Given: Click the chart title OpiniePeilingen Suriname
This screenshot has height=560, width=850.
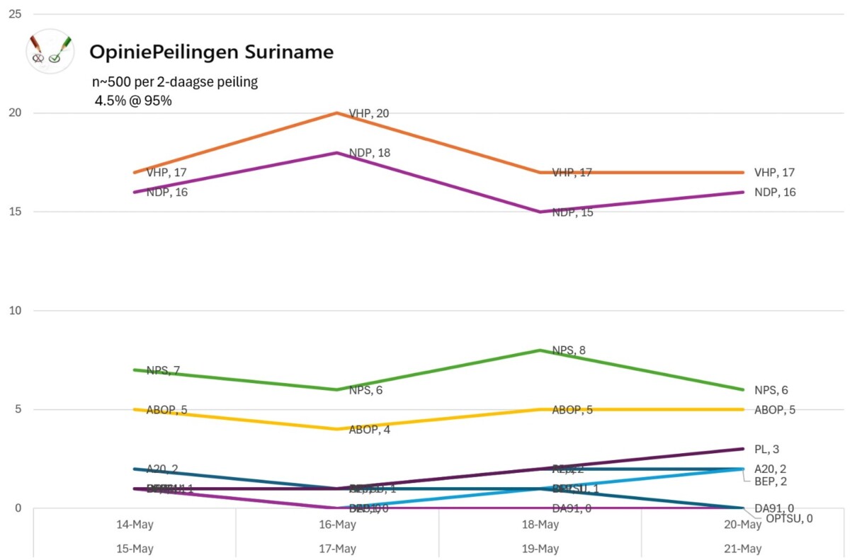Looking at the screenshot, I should click(211, 52).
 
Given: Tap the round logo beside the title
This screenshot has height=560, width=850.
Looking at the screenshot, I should click(50, 51).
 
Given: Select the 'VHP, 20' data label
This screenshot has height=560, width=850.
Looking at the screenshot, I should click(369, 113).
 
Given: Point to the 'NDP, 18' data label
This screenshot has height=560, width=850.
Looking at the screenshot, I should click(369, 153).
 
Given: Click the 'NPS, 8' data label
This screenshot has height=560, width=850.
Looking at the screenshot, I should click(569, 350).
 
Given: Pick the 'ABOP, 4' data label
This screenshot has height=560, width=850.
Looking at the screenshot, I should click(369, 430).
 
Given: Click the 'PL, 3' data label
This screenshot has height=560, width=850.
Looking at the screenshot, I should click(766, 449).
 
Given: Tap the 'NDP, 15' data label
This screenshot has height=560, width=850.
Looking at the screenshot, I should click(572, 212).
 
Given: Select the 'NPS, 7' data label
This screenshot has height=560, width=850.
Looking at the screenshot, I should click(162, 370).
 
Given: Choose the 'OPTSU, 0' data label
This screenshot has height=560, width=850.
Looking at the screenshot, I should click(788, 518).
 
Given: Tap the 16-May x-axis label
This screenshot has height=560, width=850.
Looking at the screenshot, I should click(337, 525).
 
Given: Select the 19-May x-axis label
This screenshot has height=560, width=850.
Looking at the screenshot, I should click(540, 549).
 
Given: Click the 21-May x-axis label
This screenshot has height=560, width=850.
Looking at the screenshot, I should click(742, 549).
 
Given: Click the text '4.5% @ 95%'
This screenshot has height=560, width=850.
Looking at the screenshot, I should click(133, 101).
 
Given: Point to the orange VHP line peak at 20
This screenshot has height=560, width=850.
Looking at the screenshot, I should click(337, 113).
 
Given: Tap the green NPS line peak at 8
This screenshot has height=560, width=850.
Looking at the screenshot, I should click(540, 350).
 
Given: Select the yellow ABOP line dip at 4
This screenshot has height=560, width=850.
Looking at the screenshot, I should click(337, 429).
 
